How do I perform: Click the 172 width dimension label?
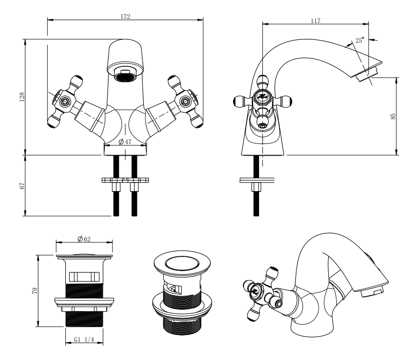[125, 16]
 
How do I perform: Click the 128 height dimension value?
[22, 97]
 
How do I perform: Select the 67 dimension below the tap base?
[22, 186]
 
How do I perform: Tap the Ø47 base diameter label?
[125, 142]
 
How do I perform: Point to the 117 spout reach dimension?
[316, 21]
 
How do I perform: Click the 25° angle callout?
[359, 40]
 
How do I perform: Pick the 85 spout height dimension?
[393, 116]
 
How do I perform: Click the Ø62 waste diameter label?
[84, 239]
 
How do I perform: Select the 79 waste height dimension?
[35, 291]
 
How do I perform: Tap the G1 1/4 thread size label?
[84, 340]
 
